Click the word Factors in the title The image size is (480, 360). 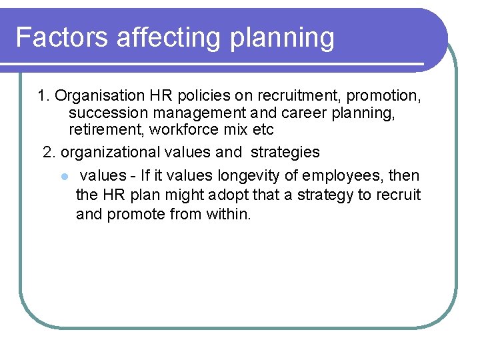point(62,37)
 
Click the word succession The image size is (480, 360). point(102,113)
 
